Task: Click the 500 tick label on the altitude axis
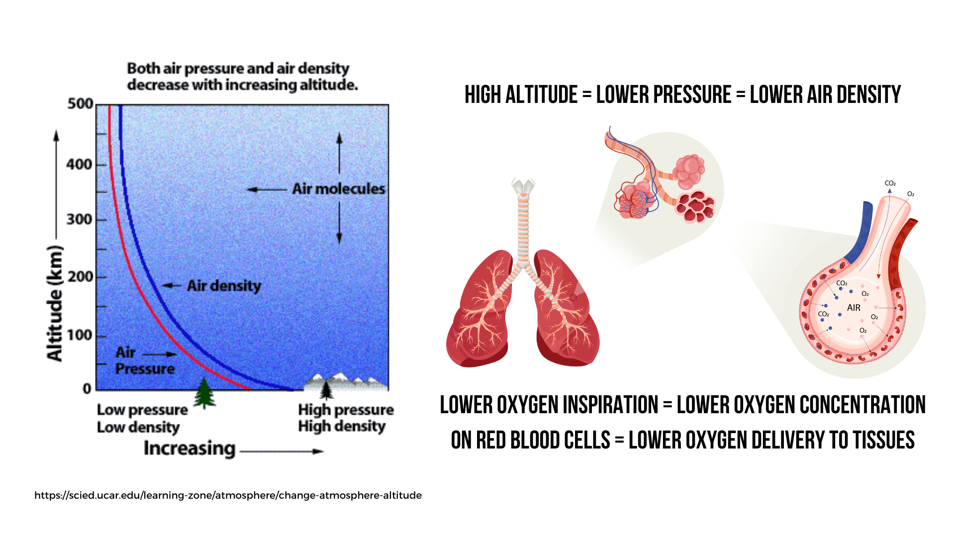(81, 104)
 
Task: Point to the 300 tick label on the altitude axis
(80, 219)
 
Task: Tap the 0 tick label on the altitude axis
(87, 388)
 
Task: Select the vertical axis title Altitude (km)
(55, 303)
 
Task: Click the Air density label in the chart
(224, 286)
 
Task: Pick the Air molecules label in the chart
(339, 189)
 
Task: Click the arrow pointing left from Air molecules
(267, 189)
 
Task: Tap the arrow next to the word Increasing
(282, 451)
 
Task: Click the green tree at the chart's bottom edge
(204, 393)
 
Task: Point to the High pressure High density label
(346, 418)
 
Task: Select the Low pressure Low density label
(142, 418)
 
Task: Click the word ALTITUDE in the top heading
(541, 94)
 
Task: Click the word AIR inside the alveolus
(854, 308)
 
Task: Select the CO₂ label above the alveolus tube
(890, 183)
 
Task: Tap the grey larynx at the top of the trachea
(523, 186)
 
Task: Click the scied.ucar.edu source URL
(228, 495)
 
